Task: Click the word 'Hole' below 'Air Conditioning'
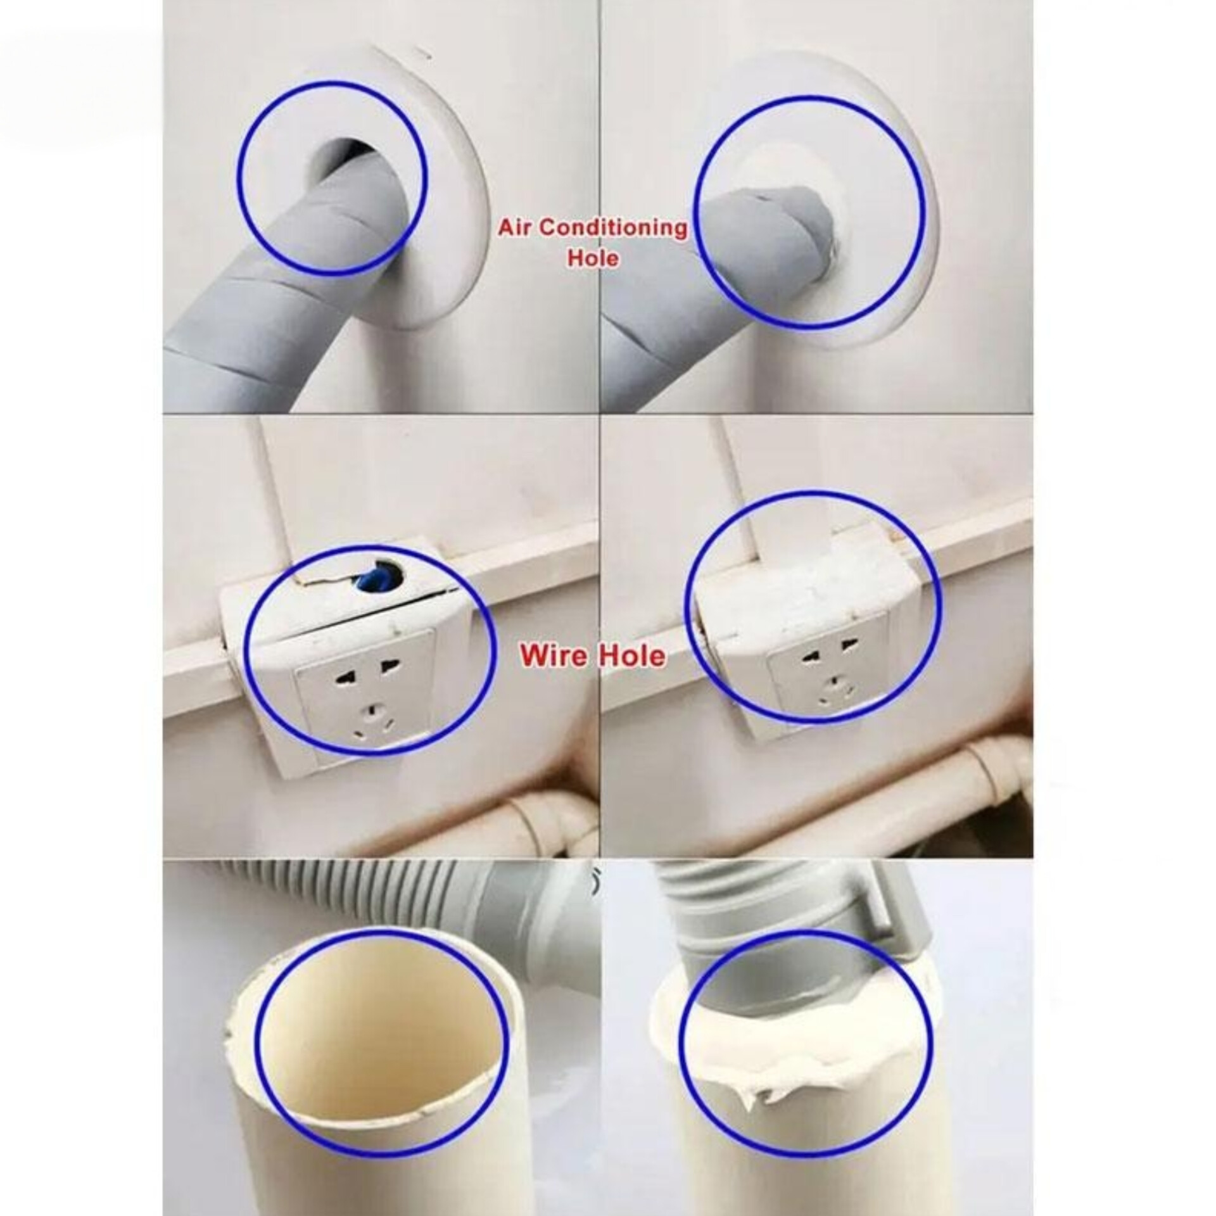point(593,258)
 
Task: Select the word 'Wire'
point(550,655)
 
